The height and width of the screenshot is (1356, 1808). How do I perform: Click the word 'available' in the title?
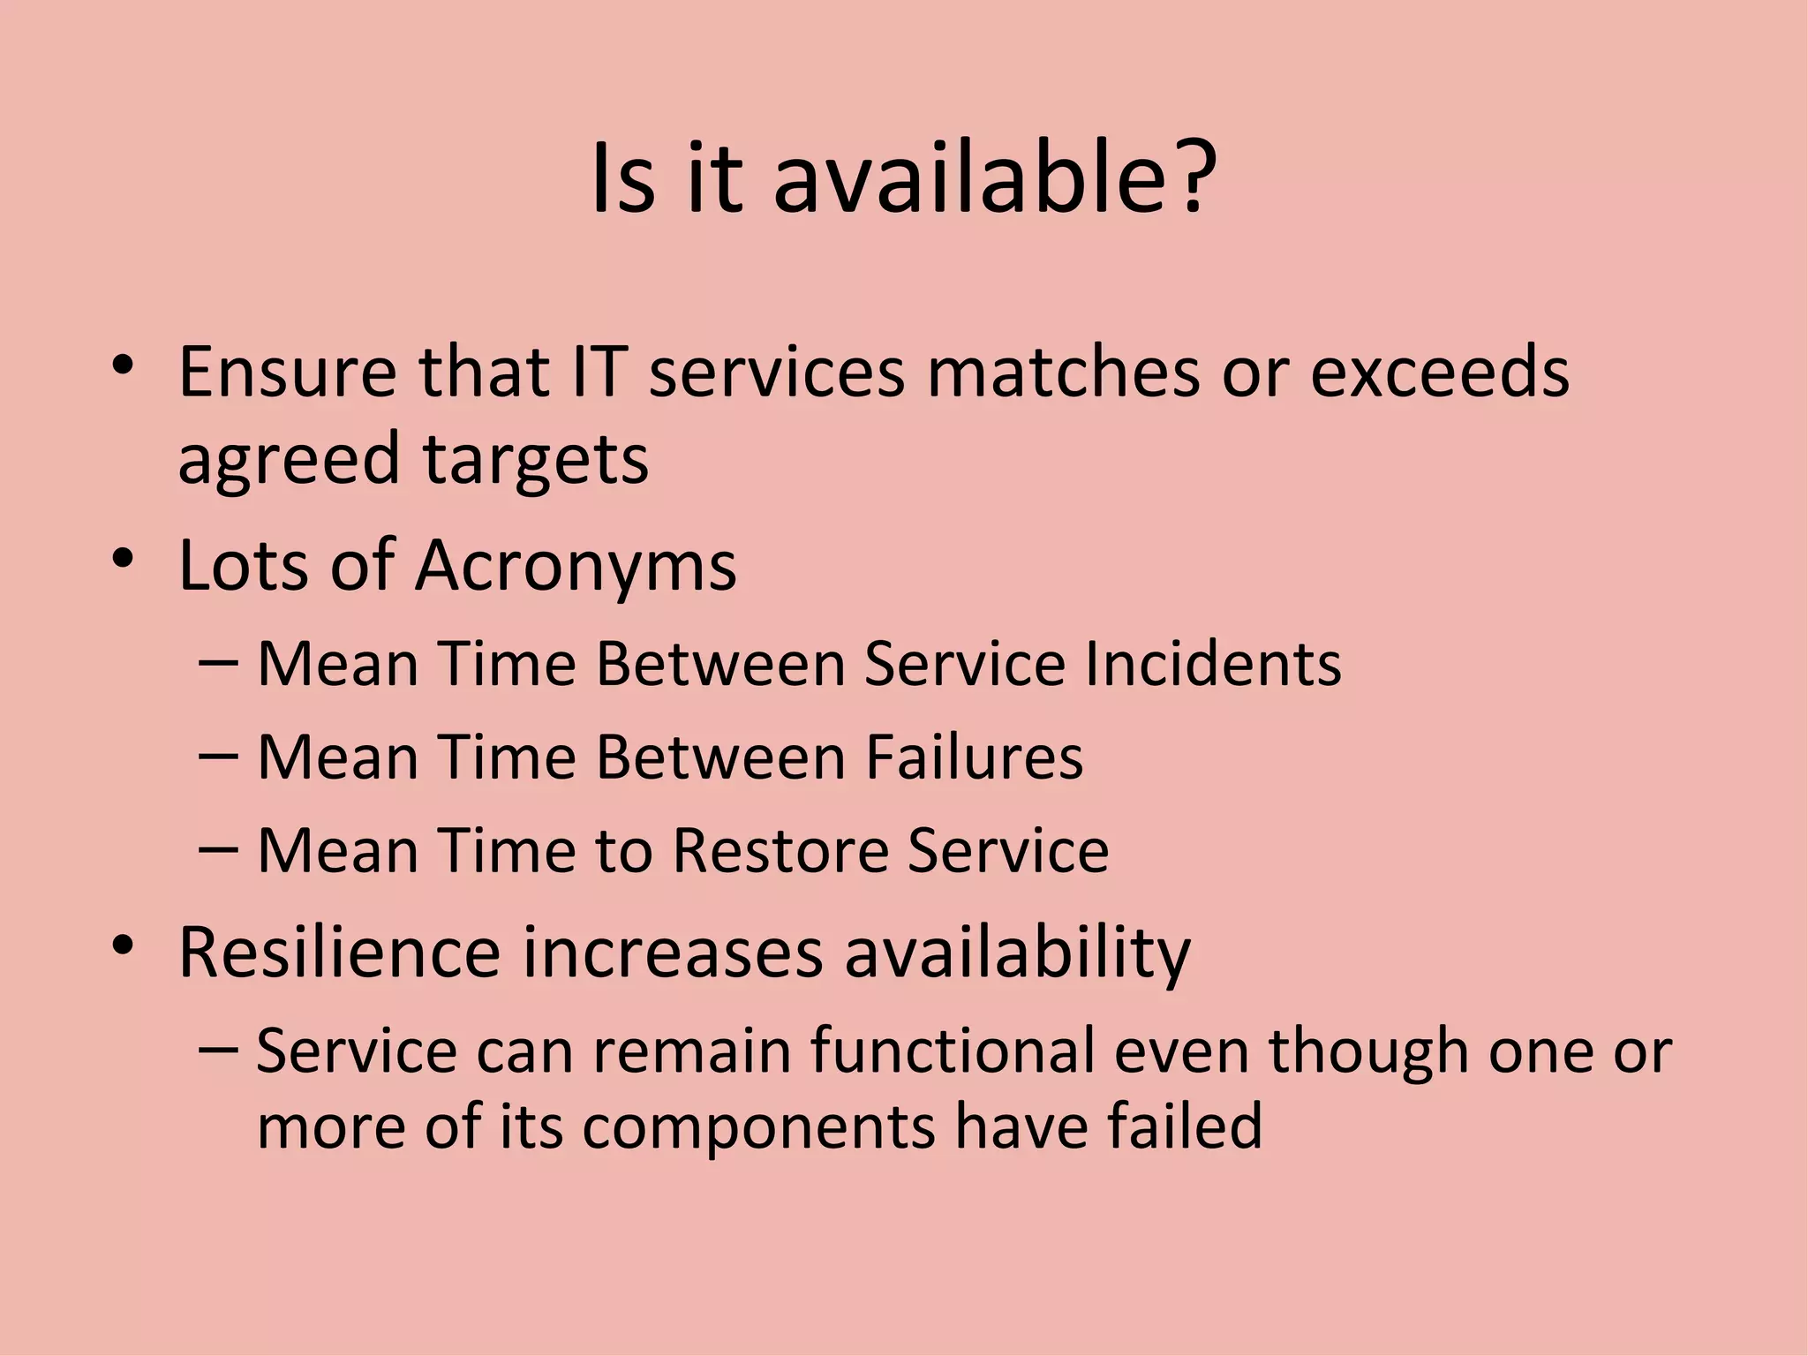[970, 178]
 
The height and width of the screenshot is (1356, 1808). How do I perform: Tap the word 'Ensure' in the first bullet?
[288, 372]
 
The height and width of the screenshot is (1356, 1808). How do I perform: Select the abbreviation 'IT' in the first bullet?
[599, 372]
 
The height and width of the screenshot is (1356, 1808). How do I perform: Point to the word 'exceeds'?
[1439, 372]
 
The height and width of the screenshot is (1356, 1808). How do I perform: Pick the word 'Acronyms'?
[576, 565]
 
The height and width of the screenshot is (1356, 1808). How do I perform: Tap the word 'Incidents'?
[1213, 663]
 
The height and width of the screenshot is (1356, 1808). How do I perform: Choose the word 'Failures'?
[974, 757]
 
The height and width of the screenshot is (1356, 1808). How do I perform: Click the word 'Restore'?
[780, 850]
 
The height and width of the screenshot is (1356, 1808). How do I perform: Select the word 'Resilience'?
[339, 953]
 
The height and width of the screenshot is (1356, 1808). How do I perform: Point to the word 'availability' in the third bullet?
[1017, 953]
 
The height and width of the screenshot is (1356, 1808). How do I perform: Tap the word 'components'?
[758, 1127]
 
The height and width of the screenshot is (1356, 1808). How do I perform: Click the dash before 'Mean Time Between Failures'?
[218, 757]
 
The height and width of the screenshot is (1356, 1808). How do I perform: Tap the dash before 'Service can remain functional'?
[218, 1050]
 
